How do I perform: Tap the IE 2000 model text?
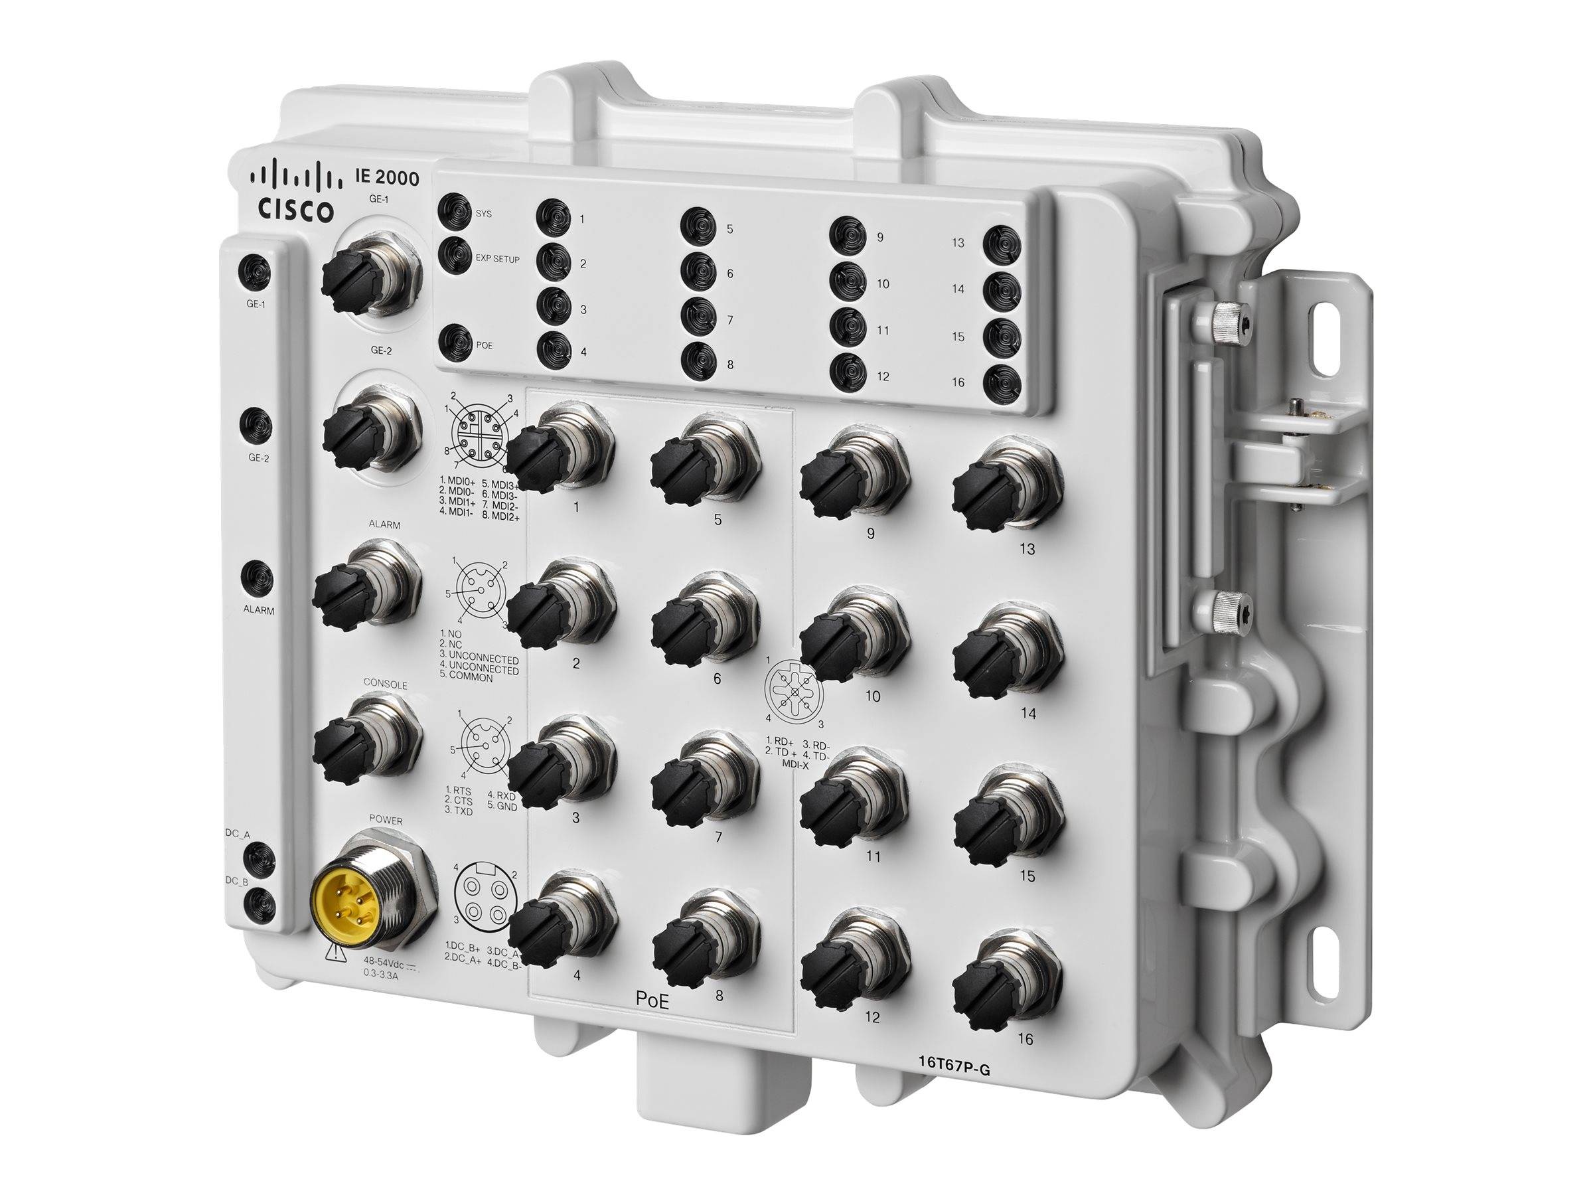click(x=386, y=177)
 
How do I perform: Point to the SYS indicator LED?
click(x=455, y=212)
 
